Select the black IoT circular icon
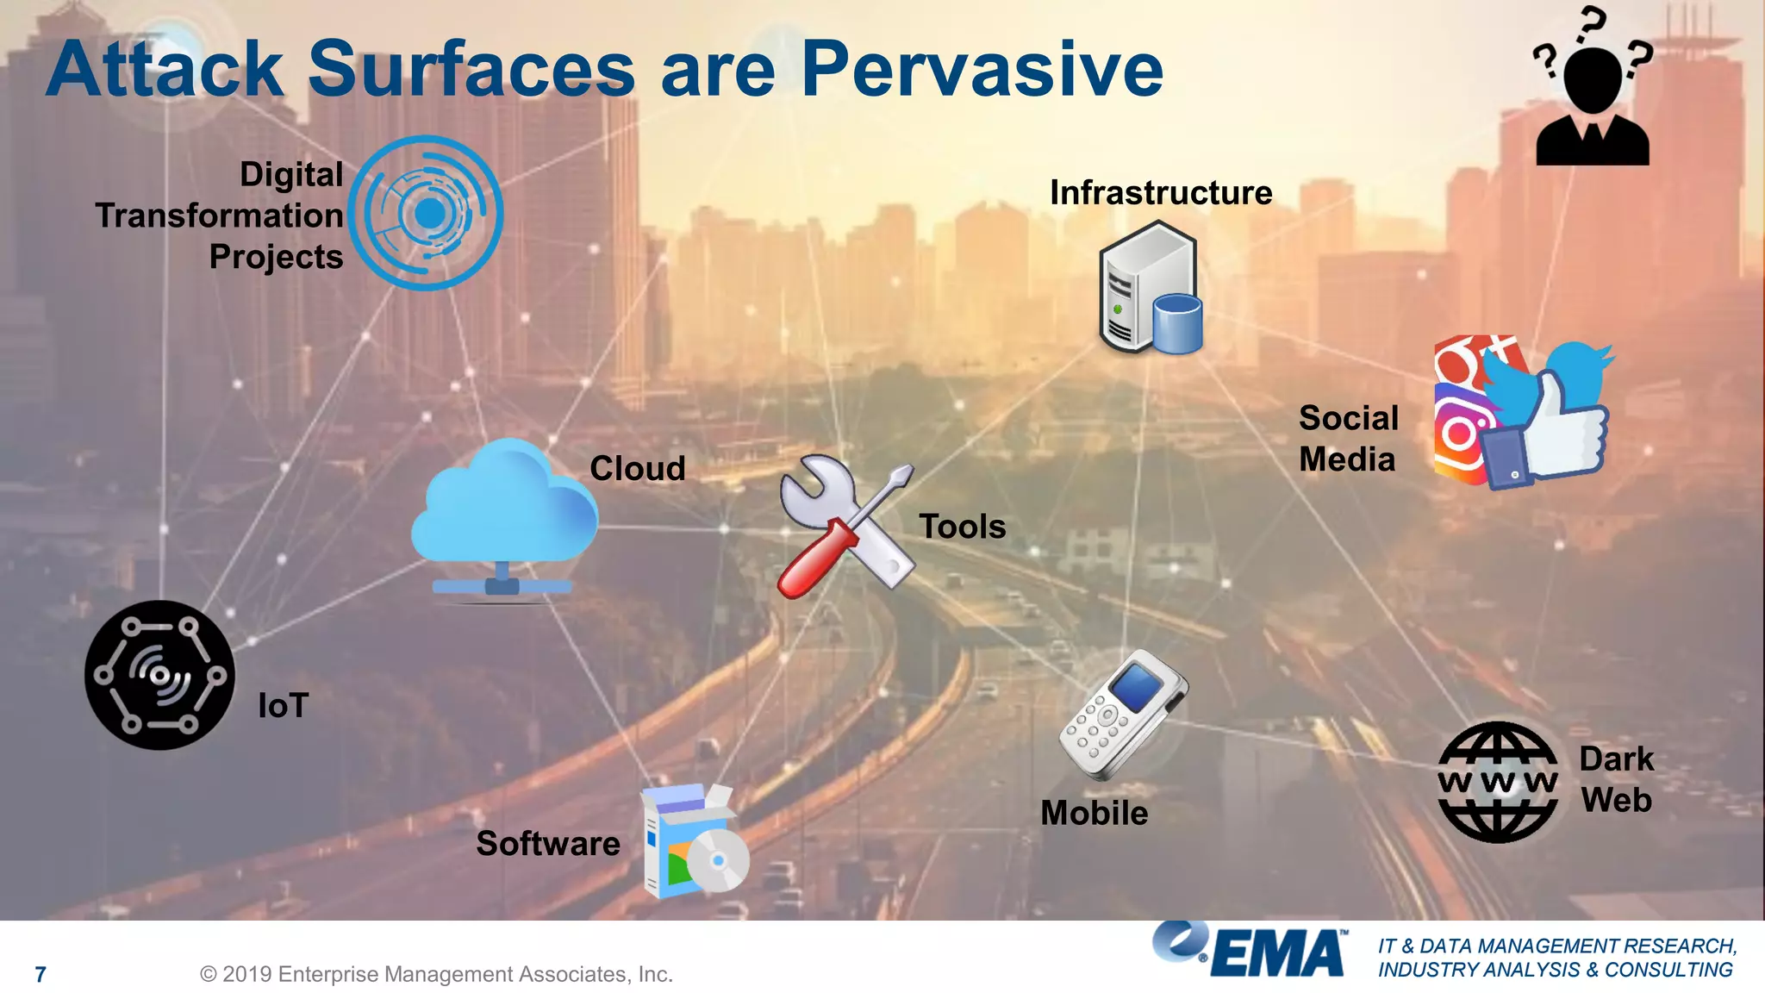(159, 675)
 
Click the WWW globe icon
(1498, 782)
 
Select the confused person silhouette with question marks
(1593, 95)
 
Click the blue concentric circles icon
(427, 213)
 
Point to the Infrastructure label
(1161, 192)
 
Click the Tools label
(962, 526)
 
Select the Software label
(548, 843)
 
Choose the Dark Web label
(1617, 779)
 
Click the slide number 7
(41, 974)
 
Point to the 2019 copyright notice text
(436, 974)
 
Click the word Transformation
(220, 215)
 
